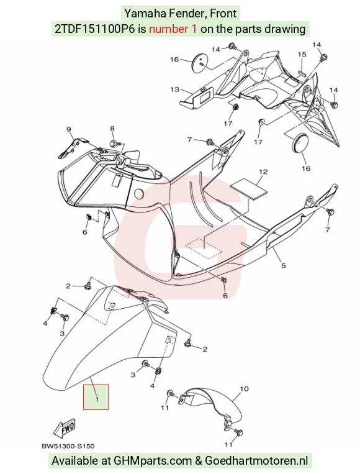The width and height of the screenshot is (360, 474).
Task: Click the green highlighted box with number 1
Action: click(96, 397)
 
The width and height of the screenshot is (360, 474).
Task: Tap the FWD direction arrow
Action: click(65, 429)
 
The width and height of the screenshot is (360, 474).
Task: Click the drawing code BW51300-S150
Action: click(68, 446)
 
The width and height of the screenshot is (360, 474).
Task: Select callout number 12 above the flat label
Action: click(263, 171)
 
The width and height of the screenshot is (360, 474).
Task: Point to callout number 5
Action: click(283, 265)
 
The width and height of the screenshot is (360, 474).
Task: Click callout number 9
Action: click(68, 129)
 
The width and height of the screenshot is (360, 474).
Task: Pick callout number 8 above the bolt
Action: click(112, 129)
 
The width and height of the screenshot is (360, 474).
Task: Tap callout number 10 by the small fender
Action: click(244, 388)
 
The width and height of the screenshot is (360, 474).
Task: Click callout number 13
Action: click(175, 89)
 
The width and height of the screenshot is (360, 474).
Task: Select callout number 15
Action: click(302, 55)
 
